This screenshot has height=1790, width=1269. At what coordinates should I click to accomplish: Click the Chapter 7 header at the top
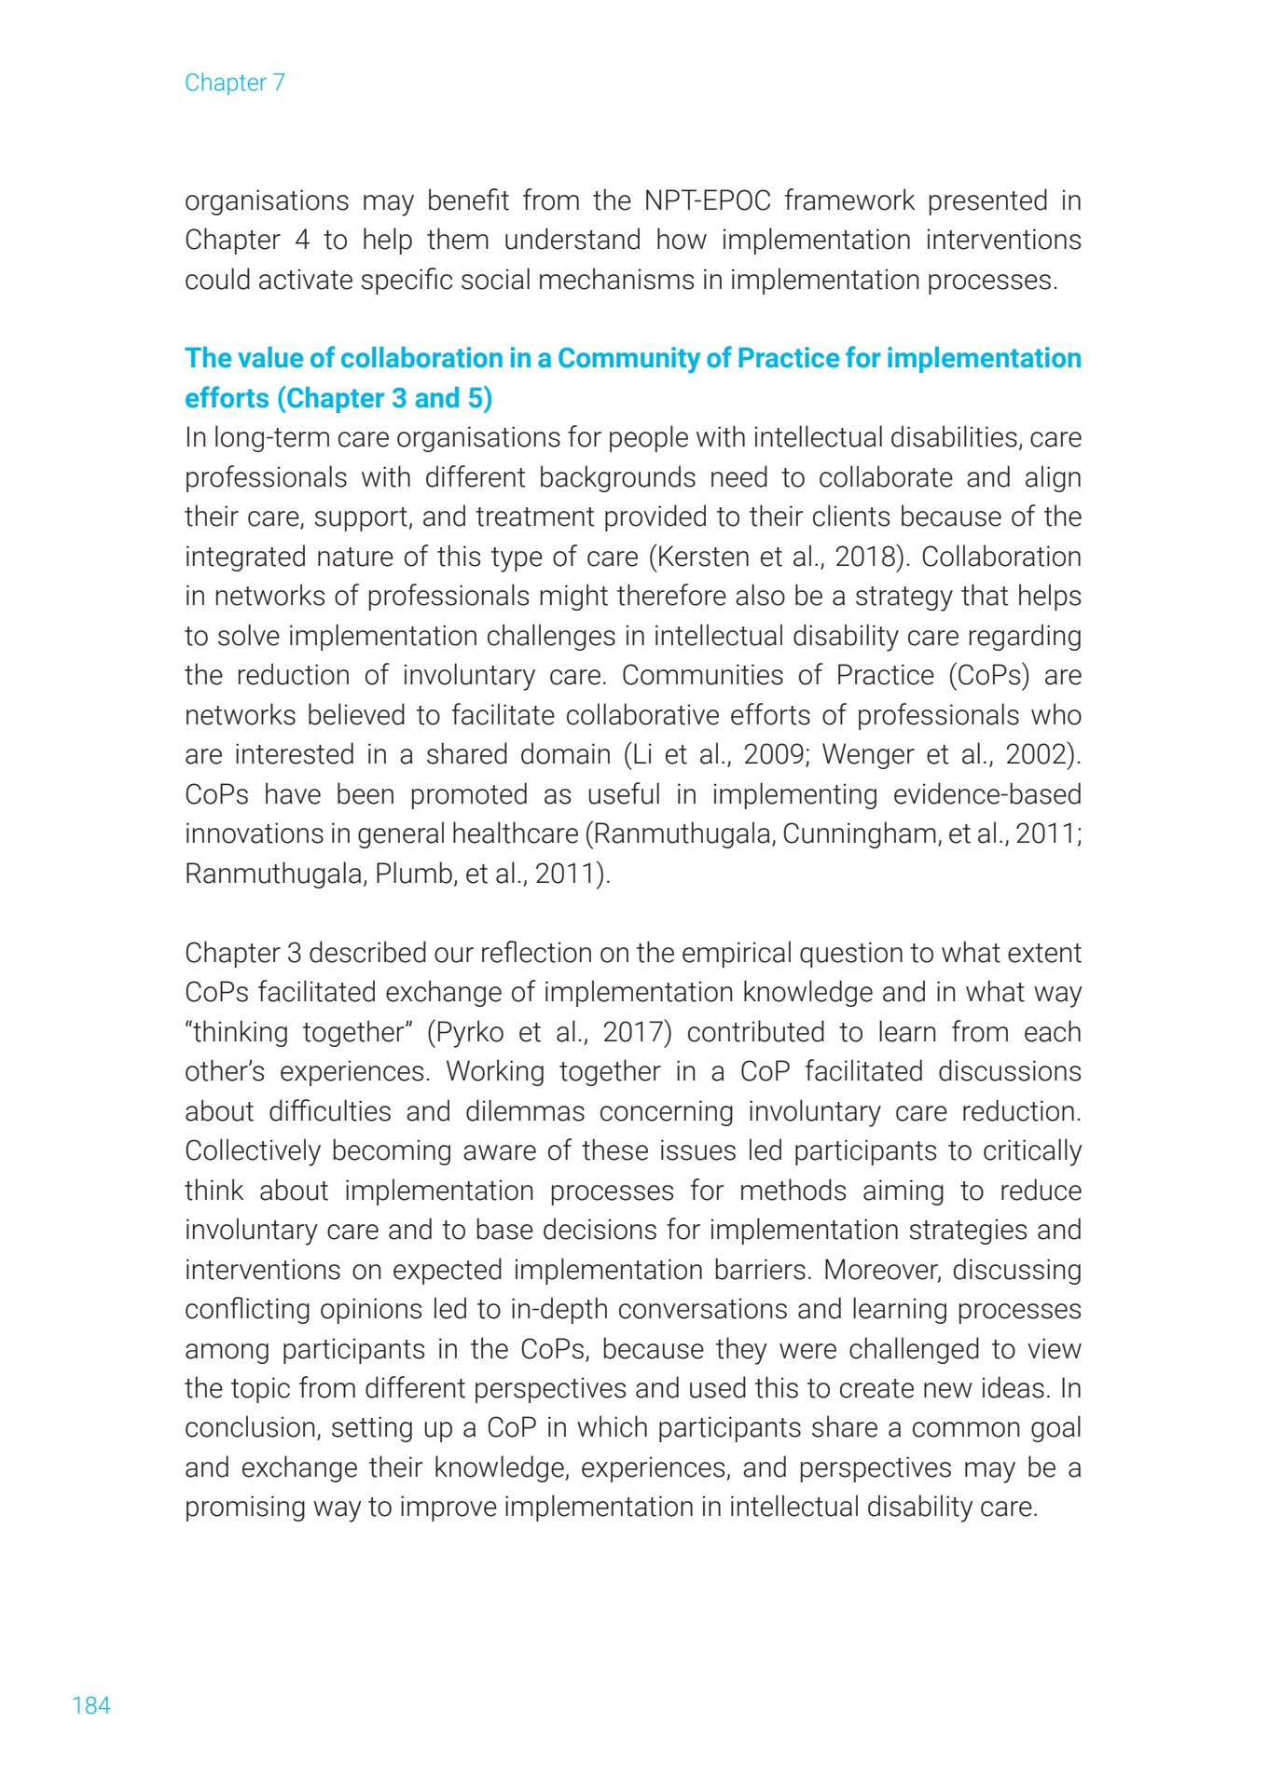pos(235,83)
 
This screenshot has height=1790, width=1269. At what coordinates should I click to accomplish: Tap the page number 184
pos(91,1705)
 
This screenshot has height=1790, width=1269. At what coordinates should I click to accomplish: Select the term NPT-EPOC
pos(708,200)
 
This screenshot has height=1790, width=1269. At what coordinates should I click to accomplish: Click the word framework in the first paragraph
pos(849,200)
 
